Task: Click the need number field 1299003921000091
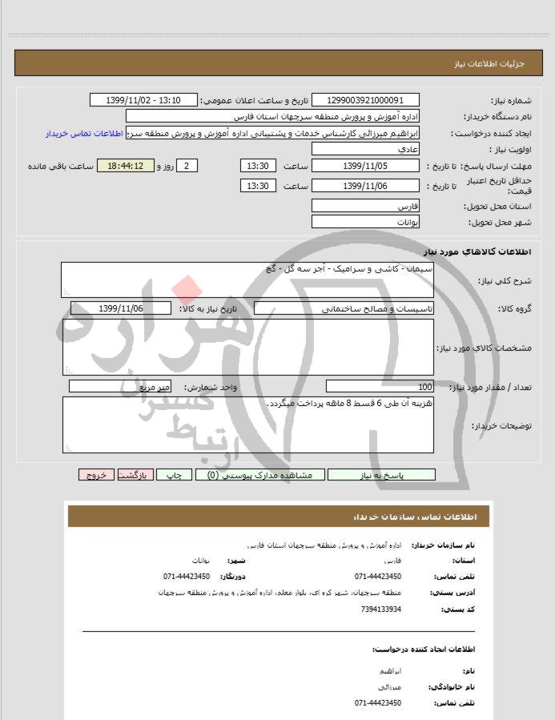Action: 364,100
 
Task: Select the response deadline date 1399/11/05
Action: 364,166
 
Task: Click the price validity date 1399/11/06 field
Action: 364,186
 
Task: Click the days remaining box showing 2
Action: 186,166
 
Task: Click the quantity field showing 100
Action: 380,386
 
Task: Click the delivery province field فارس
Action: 364,206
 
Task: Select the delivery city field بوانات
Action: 364,221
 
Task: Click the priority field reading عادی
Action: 364,150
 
